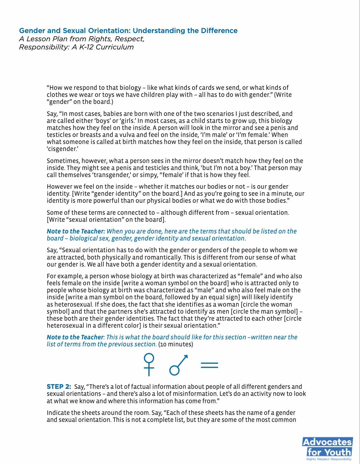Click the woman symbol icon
tap(149, 365)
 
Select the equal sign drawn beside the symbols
tap(209, 365)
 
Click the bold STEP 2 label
tap(59, 387)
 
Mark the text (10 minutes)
tap(176, 344)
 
